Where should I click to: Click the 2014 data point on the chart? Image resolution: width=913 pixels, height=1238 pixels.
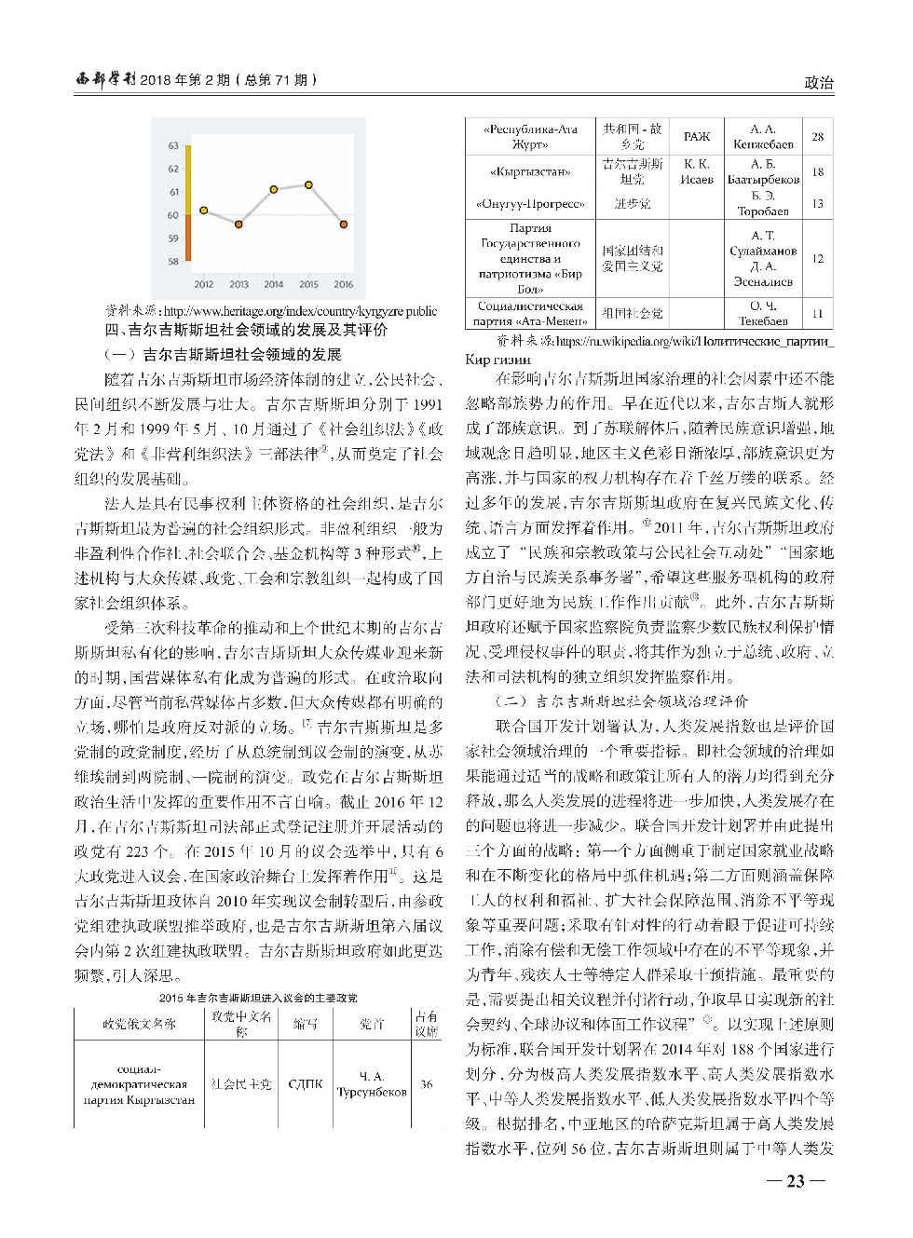[274, 189]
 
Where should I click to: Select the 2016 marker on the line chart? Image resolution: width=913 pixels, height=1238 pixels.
[344, 224]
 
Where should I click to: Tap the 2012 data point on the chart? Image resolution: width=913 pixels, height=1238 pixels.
[204, 211]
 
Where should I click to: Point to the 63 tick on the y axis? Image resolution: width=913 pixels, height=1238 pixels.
[173, 145]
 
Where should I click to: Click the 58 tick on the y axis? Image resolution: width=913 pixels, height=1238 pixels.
[173, 262]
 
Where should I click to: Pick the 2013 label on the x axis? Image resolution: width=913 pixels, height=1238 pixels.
[238, 284]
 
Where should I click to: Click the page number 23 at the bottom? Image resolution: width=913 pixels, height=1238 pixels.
[795, 1181]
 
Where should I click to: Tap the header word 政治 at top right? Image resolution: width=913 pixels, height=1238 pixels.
[818, 82]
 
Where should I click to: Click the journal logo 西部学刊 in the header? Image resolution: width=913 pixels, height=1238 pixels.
[105, 80]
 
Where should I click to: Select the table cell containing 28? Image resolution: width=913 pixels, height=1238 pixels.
[817, 136]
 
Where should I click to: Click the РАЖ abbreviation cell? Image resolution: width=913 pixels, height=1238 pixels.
[697, 136]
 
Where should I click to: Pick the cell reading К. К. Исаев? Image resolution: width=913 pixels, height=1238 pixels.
[697, 171]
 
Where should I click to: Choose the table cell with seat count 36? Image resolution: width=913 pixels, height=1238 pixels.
[427, 1083]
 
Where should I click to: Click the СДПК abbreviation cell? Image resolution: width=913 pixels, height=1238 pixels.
[306, 1083]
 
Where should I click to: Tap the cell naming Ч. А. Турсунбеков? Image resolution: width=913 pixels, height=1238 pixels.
[372, 1083]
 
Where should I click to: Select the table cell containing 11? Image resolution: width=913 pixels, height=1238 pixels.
[817, 313]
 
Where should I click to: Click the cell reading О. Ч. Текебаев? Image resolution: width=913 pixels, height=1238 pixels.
[762, 313]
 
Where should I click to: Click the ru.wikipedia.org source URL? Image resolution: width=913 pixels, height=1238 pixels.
[694, 341]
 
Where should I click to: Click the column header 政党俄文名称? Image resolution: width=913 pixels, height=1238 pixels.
[139, 1023]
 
